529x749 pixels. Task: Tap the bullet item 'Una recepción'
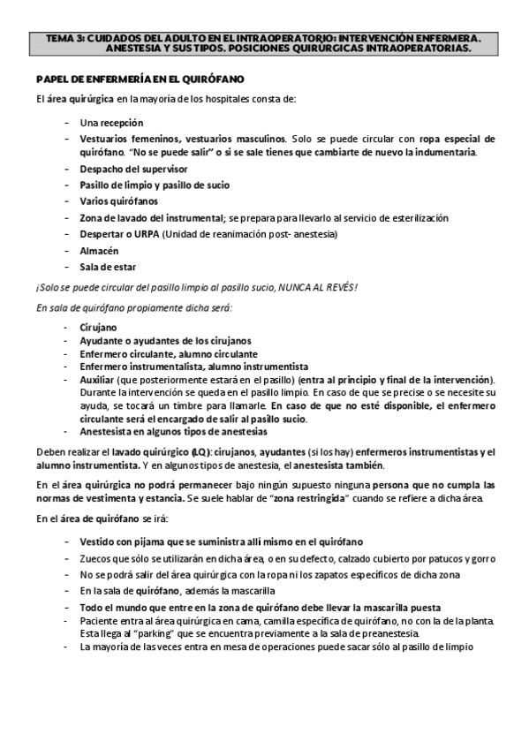[110, 123]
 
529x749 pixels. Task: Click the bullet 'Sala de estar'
[108, 266]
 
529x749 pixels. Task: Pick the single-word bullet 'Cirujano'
[97, 327]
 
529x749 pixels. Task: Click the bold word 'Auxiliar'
[95, 379]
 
